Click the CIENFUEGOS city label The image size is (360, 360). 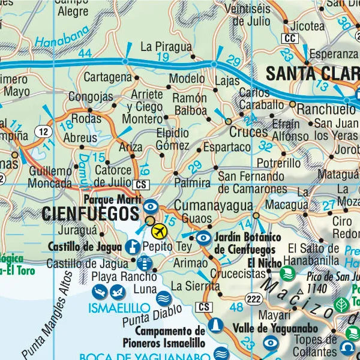click(x=90, y=213)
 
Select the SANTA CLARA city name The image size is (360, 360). click(x=311, y=74)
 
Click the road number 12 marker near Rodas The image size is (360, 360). click(x=41, y=131)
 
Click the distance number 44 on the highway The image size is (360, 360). click(x=85, y=54)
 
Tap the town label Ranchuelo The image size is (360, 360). click(x=326, y=109)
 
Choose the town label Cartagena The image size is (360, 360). click(x=107, y=77)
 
